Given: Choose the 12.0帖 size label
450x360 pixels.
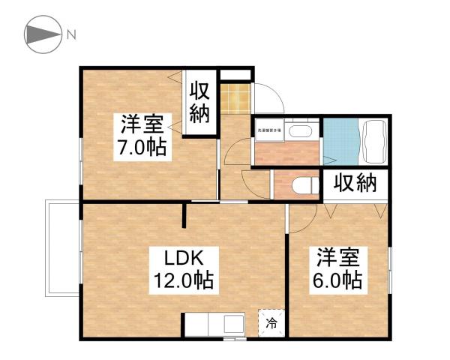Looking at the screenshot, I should pos(184,281).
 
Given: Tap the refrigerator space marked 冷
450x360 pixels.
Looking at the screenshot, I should pos(272,325).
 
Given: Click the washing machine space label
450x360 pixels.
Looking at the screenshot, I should pos(268,130).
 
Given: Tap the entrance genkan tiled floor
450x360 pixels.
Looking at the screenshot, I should pos(235,98).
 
